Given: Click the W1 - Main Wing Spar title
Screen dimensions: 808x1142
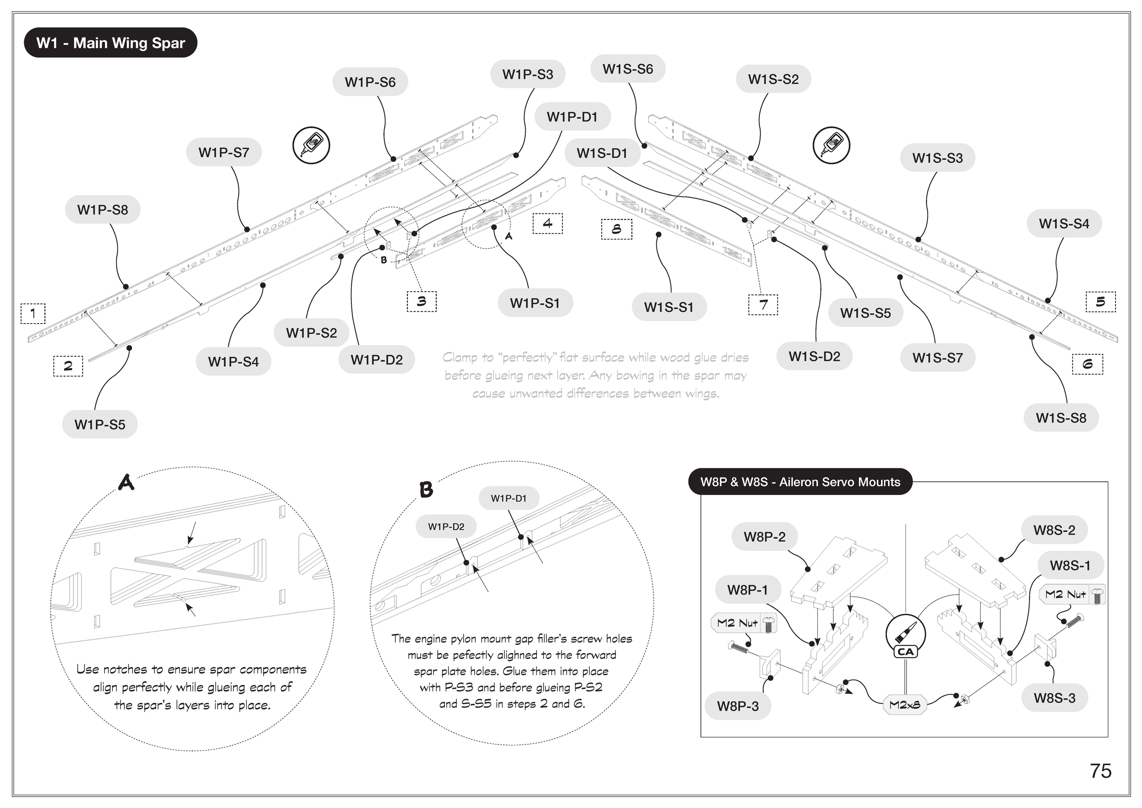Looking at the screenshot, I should (x=111, y=43).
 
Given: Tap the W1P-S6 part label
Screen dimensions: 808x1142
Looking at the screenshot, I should (x=370, y=82).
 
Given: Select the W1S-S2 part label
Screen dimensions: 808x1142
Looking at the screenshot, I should (x=773, y=79).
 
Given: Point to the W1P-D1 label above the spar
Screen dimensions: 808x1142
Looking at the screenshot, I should (x=572, y=117).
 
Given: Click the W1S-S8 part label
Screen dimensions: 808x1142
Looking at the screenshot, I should (x=1061, y=418).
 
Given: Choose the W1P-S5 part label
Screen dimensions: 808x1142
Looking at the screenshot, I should (x=100, y=425).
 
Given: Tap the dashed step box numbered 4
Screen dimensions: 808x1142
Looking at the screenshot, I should (x=547, y=223).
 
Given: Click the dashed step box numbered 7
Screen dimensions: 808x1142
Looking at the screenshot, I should (x=763, y=304).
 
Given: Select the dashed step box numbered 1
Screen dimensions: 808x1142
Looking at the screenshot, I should (x=33, y=314).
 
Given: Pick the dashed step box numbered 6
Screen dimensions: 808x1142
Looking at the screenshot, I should (x=1087, y=364).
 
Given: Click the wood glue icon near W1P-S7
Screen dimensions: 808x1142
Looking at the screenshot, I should (x=312, y=145).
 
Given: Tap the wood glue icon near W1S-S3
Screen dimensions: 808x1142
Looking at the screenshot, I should (x=831, y=145).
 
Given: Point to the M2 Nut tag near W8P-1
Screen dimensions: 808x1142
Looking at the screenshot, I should (x=744, y=623).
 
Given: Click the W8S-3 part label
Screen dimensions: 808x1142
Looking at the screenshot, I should (x=1054, y=697).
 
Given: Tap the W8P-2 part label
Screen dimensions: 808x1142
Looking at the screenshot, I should (x=765, y=537).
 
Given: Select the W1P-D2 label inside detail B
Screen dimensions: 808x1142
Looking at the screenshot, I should (x=446, y=526).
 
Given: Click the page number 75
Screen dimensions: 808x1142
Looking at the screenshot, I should (x=1100, y=771).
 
